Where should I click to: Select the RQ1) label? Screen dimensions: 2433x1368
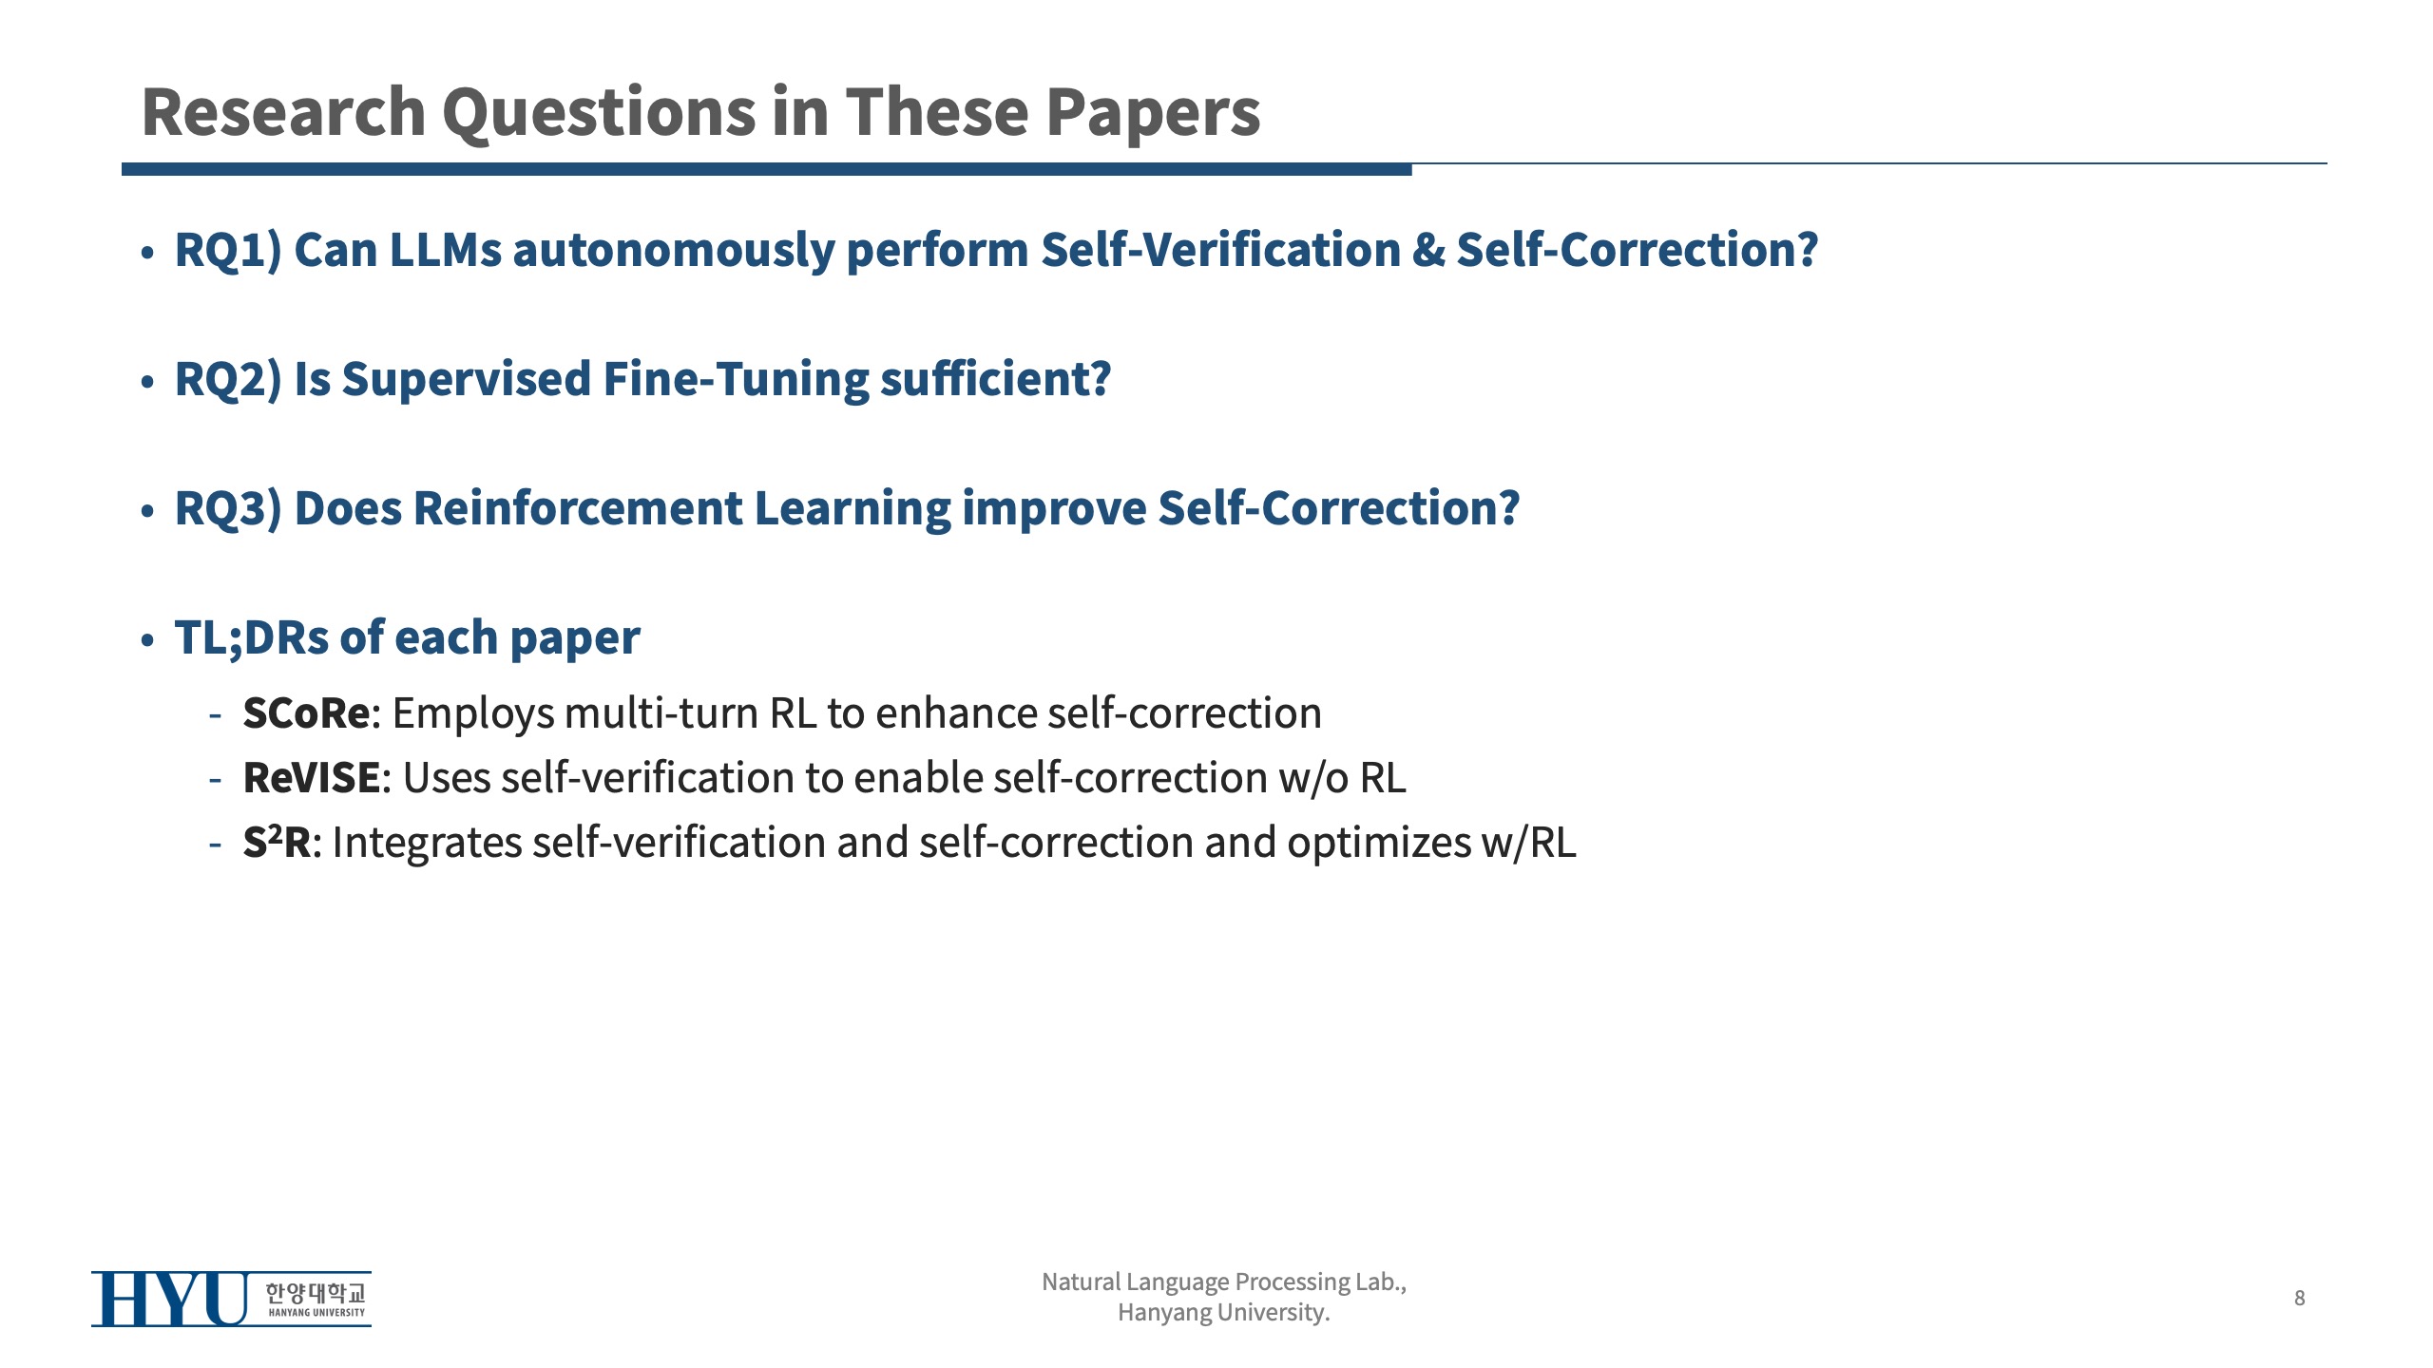[228, 251]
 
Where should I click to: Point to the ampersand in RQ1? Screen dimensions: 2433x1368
[1427, 251]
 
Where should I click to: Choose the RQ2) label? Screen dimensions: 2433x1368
[228, 380]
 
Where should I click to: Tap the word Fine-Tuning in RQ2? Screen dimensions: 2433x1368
[736, 380]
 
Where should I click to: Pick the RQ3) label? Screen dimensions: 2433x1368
[228, 509]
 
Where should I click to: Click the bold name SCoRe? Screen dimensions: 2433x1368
[306, 713]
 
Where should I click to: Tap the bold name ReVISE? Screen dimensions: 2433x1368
[312, 778]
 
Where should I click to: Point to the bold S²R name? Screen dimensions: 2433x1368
[277, 842]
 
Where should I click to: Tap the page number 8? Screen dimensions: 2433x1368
[2300, 1298]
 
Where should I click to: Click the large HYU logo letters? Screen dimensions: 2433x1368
[170, 1299]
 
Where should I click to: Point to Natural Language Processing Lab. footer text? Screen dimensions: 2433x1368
[1224, 1282]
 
